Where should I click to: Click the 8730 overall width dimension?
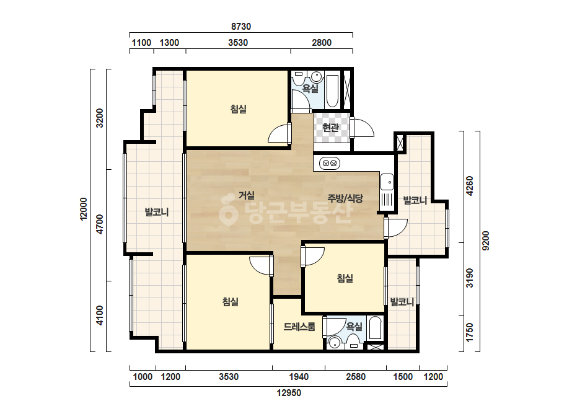point(241,27)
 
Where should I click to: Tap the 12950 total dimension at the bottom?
point(289,393)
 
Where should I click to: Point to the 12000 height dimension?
point(84,209)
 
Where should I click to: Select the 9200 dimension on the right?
point(485,241)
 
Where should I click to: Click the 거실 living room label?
point(247,195)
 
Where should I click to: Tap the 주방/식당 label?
point(345,198)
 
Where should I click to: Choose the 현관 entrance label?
point(330,128)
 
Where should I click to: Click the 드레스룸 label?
point(299,327)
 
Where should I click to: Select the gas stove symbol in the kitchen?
point(330,163)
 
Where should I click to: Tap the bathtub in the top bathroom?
point(332,91)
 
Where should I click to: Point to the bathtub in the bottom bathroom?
point(375,328)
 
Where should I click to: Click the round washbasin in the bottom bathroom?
point(334,343)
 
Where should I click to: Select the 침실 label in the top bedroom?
point(239,108)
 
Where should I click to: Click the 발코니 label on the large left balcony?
point(157,212)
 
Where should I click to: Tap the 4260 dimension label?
point(470,186)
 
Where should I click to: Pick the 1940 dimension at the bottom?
point(299,377)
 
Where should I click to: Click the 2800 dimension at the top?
point(322,43)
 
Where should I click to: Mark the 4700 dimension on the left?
point(99,225)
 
